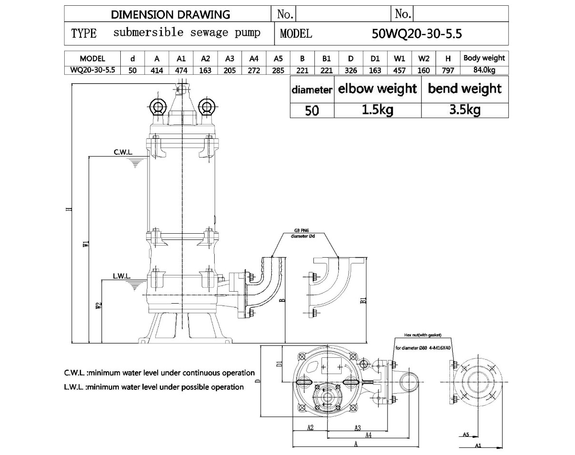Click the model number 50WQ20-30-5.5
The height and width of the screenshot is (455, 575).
[x=416, y=34]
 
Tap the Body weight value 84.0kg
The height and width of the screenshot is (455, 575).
[x=484, y=70]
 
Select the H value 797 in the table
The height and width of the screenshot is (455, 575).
[x=448, y=70]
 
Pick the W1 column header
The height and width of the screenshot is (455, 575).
[x=399, y=58]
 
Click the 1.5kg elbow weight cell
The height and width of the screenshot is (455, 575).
[x=378, y=110]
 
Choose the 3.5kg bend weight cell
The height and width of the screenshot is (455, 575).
[x=465, y=110]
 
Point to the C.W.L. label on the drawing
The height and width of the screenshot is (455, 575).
[x=123, y=152]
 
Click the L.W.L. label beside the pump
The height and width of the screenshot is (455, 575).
[x=122, y=276]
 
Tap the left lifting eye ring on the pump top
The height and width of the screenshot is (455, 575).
[x=158, y=107]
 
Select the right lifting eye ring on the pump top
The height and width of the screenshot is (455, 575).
[x=207, y=107]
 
